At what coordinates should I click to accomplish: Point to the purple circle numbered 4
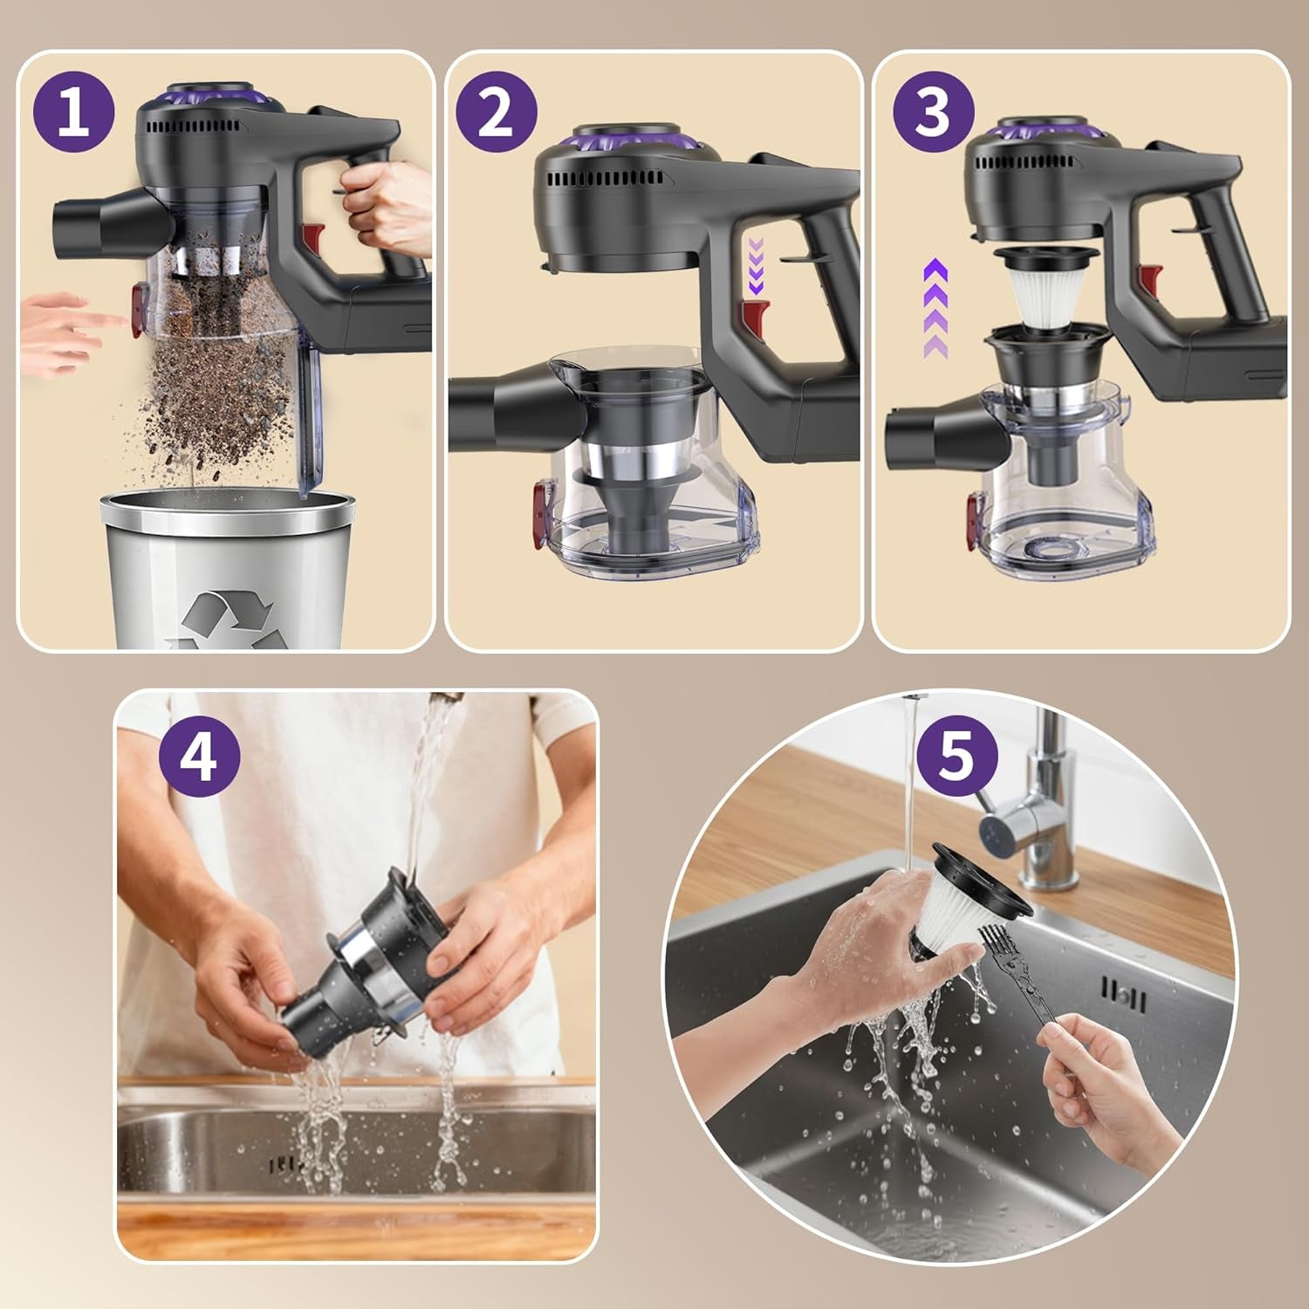tap(200, 757)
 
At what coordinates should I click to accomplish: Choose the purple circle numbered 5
tap(957, 756)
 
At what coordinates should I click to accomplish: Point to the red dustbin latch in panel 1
tap(137, 309)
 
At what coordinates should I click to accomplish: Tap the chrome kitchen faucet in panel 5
tap(1030, 794)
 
